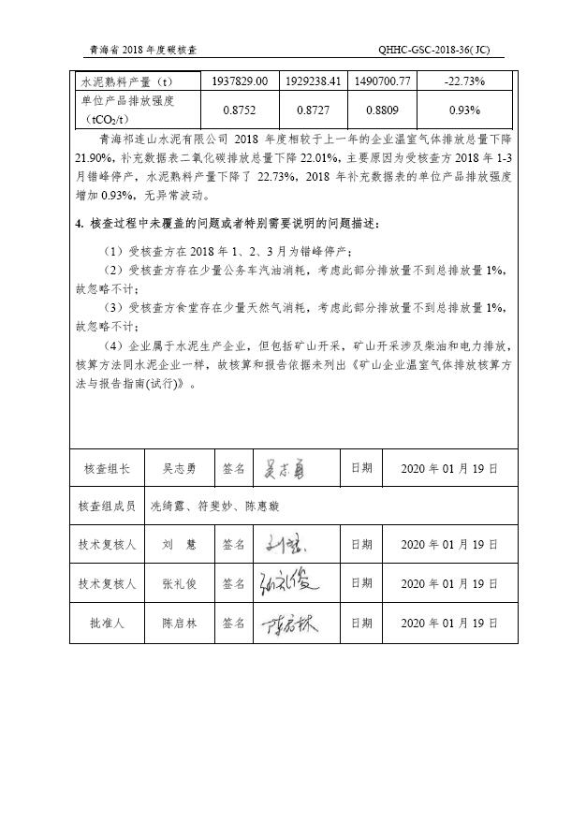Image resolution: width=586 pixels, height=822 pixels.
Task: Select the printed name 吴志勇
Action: pos(180,467)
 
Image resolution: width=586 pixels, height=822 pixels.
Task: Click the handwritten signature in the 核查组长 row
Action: pos(281,467)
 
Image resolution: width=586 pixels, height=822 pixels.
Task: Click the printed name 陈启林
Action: pos(180,623)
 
